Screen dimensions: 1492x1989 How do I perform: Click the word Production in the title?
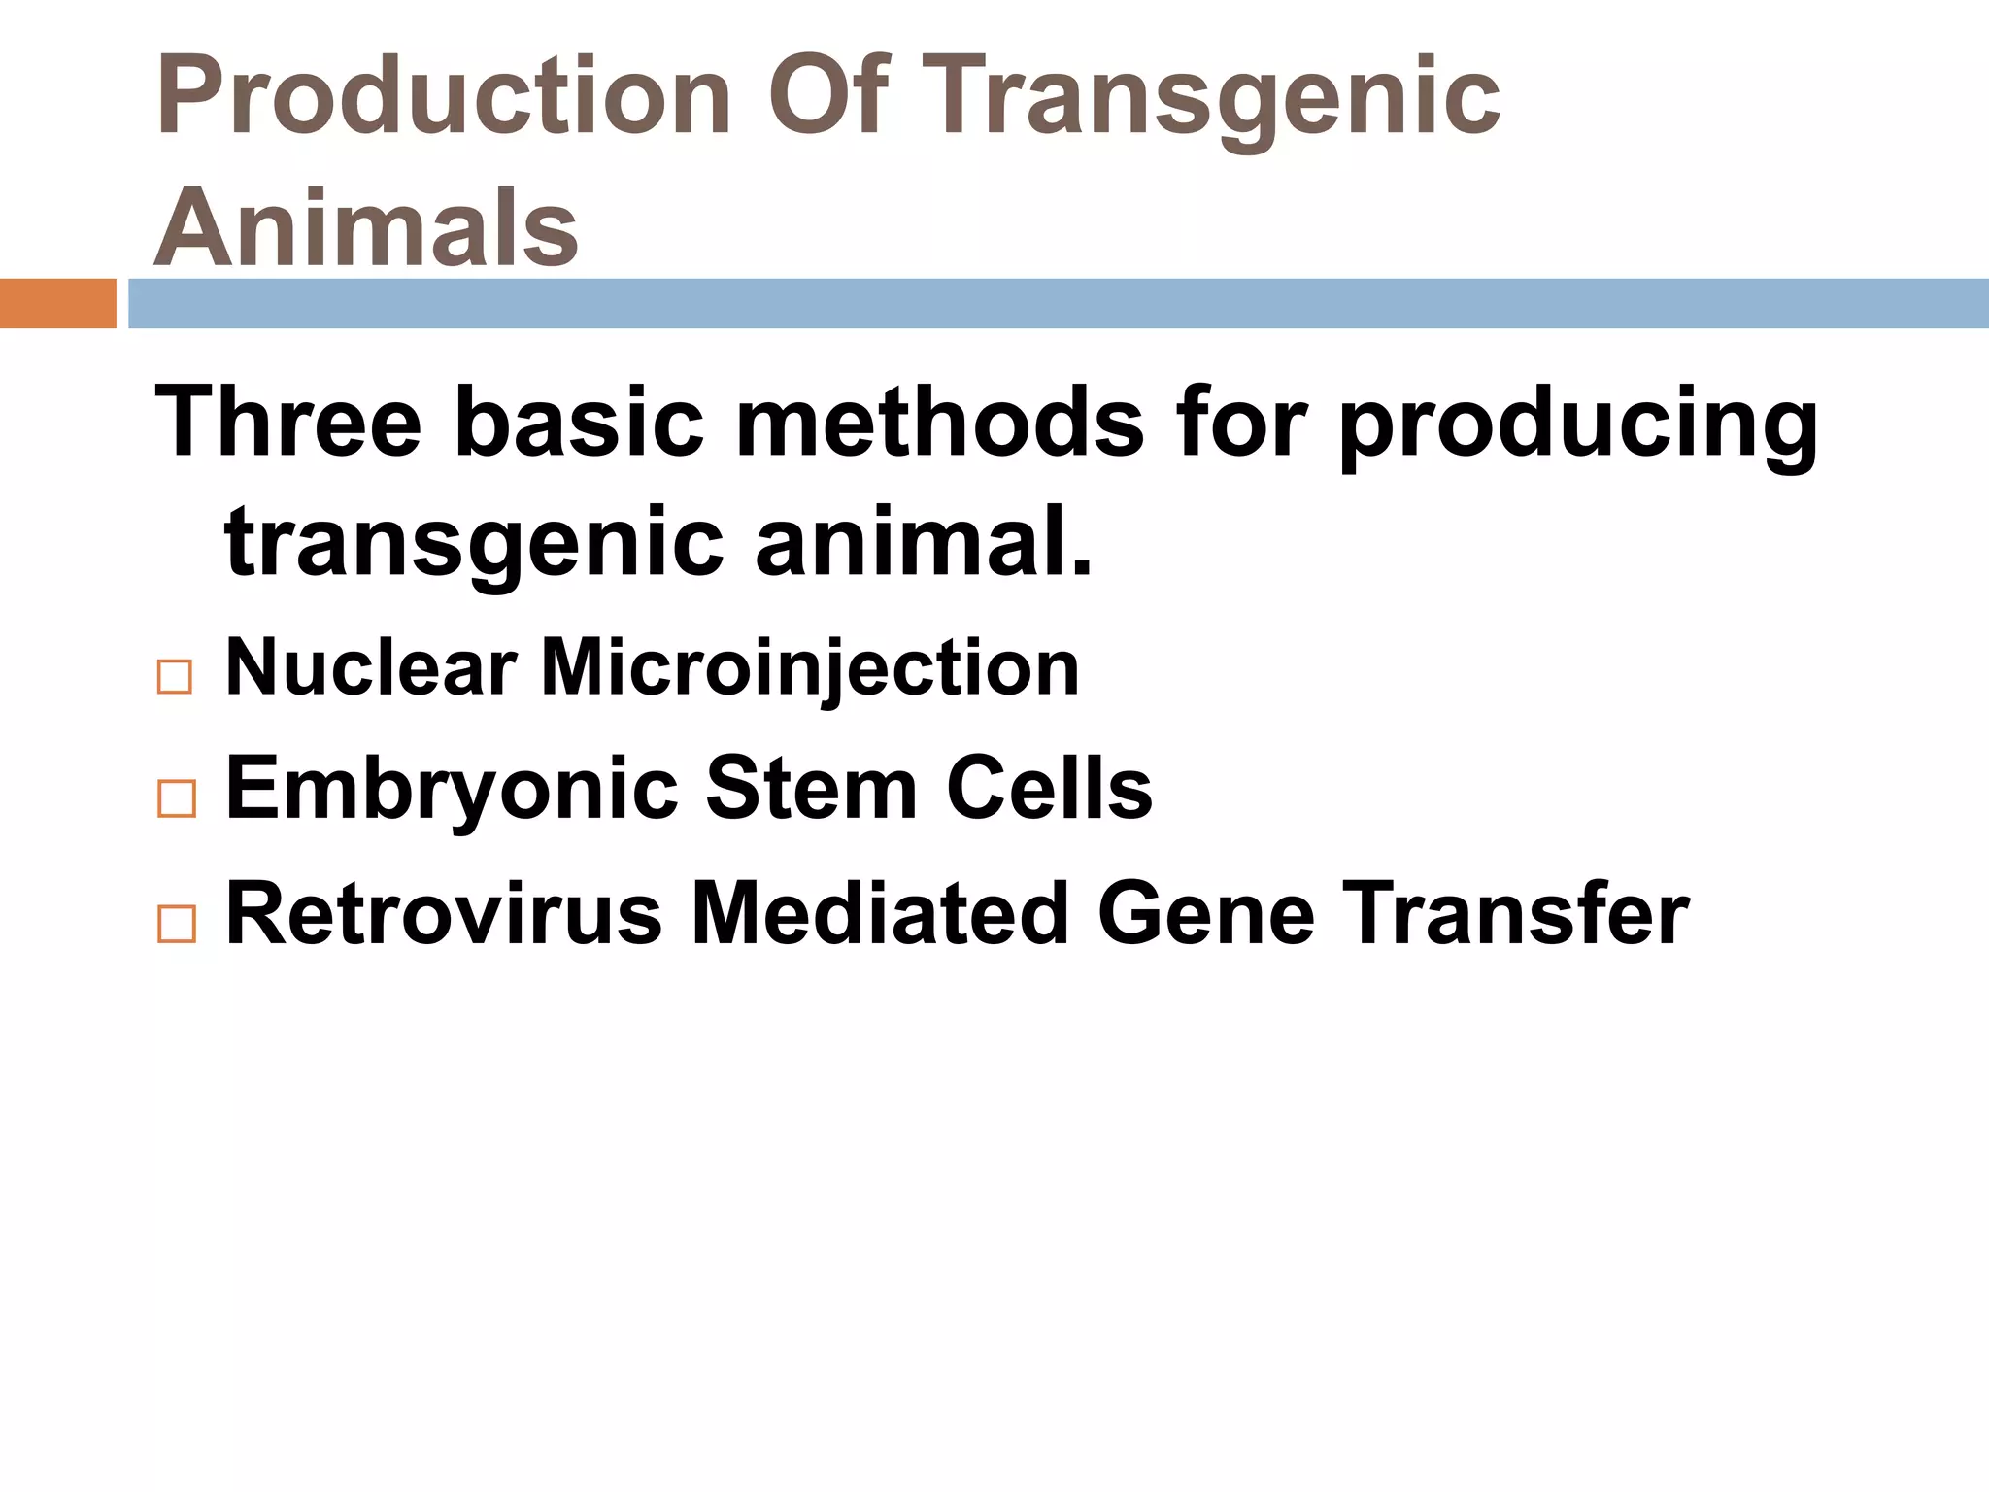coord(443,97)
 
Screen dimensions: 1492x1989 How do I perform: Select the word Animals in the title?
coord(367,227)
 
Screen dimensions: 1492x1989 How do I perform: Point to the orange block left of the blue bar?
coord(57,303)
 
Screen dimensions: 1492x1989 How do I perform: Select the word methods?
coord(940,422)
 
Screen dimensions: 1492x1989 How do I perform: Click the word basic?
coord(579,422)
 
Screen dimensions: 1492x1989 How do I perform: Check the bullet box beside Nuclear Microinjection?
coord(175,676)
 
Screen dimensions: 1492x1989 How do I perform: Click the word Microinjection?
coord(810,669)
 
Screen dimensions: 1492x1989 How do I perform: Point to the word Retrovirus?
coord(443,913)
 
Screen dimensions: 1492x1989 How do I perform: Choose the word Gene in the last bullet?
coord(1206,913)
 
